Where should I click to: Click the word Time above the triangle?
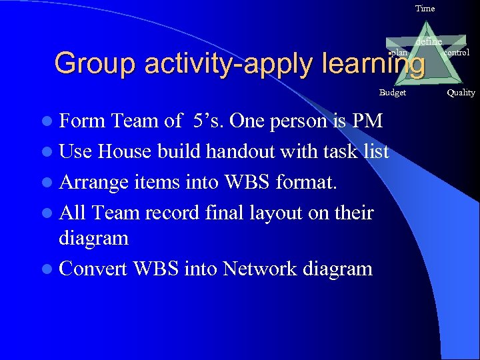[425, 9]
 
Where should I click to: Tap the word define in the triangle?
[429, 42]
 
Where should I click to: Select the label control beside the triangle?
[457, 52]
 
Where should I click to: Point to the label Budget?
[392, 93]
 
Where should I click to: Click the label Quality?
[461, 93]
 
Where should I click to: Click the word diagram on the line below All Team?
[93, 238]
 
